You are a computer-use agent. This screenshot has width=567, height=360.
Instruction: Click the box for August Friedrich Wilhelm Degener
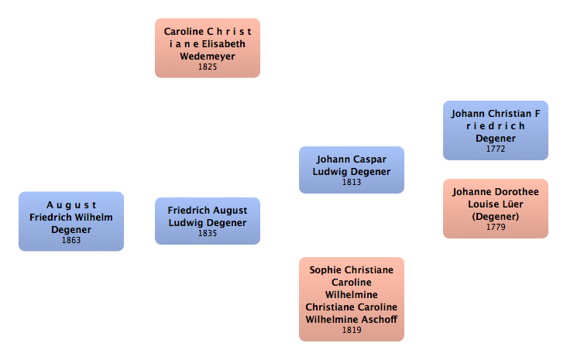tap(71, 221)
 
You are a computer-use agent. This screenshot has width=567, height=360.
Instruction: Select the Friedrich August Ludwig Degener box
tap(208, 221)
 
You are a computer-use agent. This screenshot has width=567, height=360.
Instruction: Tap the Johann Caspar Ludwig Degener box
tap(352, 170)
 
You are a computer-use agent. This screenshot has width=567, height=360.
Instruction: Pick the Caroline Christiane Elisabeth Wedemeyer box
tap(208, 48)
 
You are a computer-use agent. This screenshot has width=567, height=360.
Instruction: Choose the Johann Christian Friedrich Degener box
tap(496, 130)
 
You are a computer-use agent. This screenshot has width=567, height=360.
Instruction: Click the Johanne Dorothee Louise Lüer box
tap(496, 208)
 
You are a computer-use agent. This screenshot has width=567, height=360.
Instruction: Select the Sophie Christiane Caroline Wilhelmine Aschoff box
tap(352, 299)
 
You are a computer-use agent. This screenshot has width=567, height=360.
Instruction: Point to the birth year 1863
tap(71, 240)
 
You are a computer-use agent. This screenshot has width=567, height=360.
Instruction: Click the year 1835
tap(208, 233)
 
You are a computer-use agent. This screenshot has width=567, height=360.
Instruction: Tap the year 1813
tap(352, 183)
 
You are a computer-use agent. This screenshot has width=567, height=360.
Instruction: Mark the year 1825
tap(208, 67)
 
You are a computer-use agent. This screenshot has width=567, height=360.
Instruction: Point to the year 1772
tap(496, 149)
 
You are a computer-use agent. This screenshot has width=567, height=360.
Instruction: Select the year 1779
tap(496, 228)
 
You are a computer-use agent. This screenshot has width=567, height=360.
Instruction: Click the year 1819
tap(352, 330)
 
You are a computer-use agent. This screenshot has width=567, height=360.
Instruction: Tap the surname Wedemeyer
tap(208, 57)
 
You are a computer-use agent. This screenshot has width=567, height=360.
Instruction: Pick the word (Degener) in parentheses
tap(496, 216)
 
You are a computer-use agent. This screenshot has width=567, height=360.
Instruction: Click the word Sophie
tap(325, 269)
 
